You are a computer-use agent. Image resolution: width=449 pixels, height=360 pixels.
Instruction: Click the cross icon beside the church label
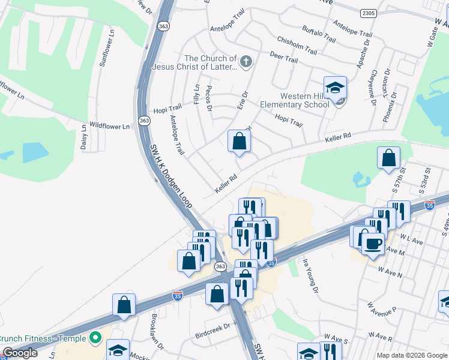(x=245, y=61)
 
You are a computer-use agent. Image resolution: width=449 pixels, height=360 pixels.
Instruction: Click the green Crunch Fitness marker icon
(x=95, y=338)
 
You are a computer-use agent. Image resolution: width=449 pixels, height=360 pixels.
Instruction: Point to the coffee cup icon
(x=373, y=244)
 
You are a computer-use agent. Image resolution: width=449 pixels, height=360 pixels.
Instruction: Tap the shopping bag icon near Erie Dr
(x=239, y=142)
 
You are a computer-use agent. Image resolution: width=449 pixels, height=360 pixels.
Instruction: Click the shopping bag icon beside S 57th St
(x=389, y=158)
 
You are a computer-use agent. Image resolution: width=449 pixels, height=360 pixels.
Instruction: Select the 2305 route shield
(x=369, y=13)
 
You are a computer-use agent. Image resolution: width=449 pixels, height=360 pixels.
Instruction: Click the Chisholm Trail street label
(x=296, y=44)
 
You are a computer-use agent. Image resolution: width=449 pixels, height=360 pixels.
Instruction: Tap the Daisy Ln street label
(x=84, y=140)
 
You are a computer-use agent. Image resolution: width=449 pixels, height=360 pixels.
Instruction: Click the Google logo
(x=19, y=353)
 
